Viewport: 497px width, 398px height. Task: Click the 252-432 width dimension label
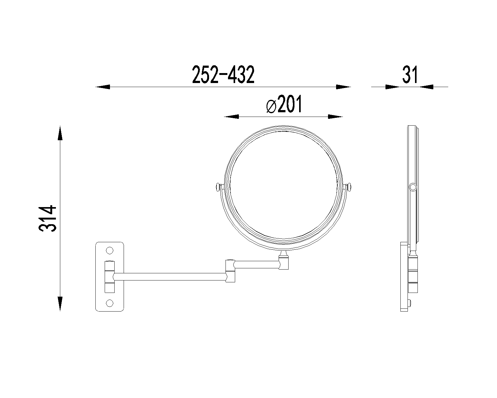(x=223, y=74)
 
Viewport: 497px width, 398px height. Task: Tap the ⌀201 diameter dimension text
(x=284, y=104)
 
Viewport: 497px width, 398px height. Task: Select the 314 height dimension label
(x=48, y=218)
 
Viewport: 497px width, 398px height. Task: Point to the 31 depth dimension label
(x=410, y=75)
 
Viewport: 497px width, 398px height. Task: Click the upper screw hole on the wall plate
(x=109, y=250)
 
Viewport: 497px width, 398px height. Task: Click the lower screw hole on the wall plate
(x=109, y=303)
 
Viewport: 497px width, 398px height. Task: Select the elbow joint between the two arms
(x=230, y=271)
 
